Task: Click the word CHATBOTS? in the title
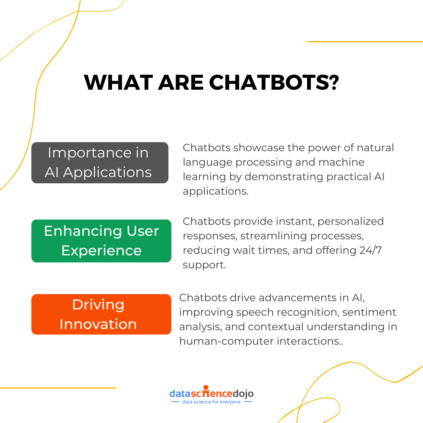point(274,83)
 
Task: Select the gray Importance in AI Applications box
point(99,163)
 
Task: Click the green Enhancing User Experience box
point(101,240)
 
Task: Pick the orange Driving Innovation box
point(101,314)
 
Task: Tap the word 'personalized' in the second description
point(351,221)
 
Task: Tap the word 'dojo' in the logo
point(243,393)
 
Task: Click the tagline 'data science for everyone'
point(211,402)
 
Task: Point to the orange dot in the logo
point(206,387)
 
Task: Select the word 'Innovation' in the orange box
point(98,324)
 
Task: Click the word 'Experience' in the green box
point(101,250)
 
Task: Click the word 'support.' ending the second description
point(204,265)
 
